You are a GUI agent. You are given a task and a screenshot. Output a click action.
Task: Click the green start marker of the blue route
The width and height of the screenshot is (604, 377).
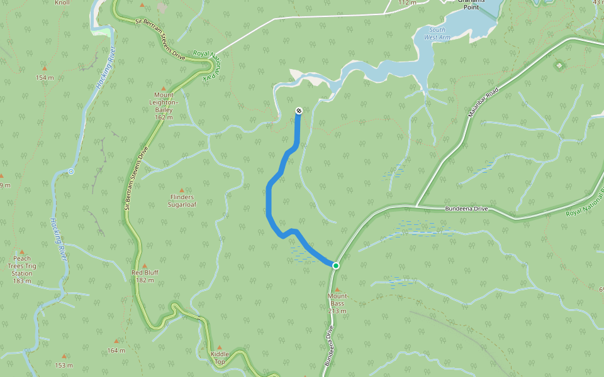click(x=336, y=266)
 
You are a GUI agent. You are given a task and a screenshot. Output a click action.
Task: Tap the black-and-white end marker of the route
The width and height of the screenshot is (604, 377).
click(x=299, y=111)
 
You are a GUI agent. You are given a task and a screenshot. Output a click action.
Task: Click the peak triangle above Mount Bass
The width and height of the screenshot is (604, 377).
click(x=337, y=289)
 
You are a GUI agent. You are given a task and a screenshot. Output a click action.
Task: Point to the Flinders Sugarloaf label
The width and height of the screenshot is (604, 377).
click(x=181, y=200)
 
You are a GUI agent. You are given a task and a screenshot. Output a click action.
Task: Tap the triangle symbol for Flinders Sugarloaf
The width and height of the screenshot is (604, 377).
click(x=182, y=190)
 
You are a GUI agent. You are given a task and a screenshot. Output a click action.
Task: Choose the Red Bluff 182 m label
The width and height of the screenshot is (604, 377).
click(x=145, y=276)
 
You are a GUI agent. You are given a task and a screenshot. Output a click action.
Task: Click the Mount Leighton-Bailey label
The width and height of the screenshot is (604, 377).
click(x=164, y=106)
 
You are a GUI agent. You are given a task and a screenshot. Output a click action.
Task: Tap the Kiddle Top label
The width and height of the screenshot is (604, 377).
click(x=219, y=358)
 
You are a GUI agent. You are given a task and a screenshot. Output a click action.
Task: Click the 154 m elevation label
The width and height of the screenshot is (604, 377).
click(x=45, y=77)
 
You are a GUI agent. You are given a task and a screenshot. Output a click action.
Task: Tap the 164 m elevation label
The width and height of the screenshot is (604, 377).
click(x=116, y=350)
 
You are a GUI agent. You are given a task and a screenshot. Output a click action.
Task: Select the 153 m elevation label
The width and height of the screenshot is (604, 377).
click(x=64, y=365)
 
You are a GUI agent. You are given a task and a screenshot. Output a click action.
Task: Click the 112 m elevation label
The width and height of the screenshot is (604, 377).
click(x=407, y=3)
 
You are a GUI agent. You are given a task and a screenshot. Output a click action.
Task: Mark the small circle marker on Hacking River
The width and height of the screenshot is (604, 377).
click(x=70, y=172)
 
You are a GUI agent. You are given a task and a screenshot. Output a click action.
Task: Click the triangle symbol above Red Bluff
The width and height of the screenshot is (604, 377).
click(x=144, y=265)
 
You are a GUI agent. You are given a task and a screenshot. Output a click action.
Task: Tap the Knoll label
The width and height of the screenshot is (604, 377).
click(x=62, y=3)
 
